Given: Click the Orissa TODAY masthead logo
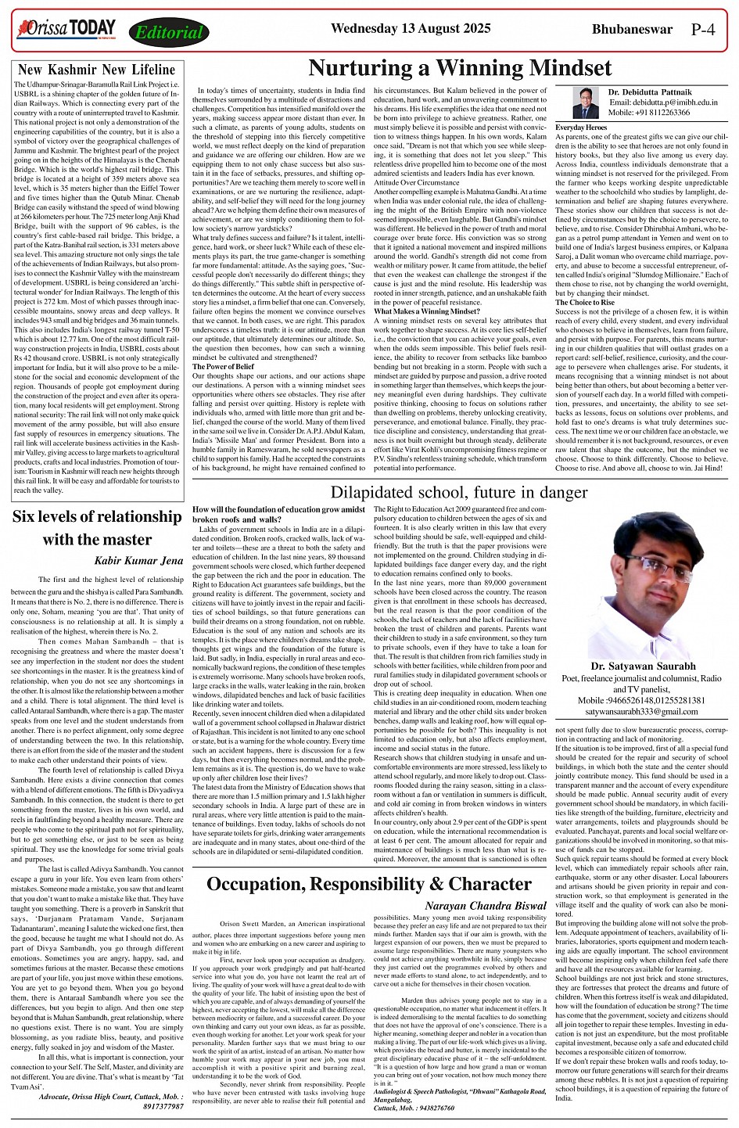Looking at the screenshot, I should tap(66, 30).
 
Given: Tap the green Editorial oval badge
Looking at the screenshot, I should tap(169, 33).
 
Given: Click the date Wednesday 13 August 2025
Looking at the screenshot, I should tap(411, 29).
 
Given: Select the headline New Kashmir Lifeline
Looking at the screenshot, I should tap(97, 70).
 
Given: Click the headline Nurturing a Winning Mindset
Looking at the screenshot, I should tap(460, 67).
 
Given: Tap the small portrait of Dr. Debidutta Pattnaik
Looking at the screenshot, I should tap(580, 102).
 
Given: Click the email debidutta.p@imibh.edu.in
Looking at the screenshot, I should tap(662, 102).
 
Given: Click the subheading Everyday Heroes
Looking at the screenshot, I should tap(580, 127).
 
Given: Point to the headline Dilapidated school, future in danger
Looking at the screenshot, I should tap(458, 492).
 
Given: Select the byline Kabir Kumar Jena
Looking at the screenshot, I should tap(138, 560).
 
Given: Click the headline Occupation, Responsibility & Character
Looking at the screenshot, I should tap(369, 884).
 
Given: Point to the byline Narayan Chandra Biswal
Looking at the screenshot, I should tap(486, 906).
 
